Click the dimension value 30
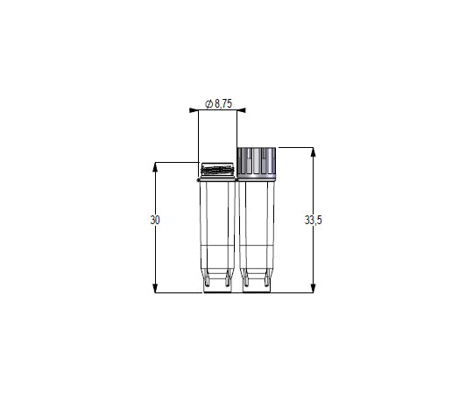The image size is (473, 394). coord(155,220)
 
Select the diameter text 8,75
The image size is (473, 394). coord(223,103)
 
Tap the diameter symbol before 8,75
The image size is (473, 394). coord(208,103)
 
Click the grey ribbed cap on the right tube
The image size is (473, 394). coord(258,160)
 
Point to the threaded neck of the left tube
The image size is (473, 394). coord(217,170)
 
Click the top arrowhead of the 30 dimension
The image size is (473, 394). coord(155,165)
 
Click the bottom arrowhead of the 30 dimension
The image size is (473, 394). coord(155,289)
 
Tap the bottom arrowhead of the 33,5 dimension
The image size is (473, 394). coord(314,289)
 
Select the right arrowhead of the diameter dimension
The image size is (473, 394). coord(242,110)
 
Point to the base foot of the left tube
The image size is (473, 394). coord(217,285)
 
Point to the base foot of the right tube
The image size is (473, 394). coord(258,285)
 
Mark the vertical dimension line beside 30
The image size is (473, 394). coord(155,254)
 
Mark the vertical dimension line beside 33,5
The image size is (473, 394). coord(314,254)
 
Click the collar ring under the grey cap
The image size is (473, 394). coord(258,178)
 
